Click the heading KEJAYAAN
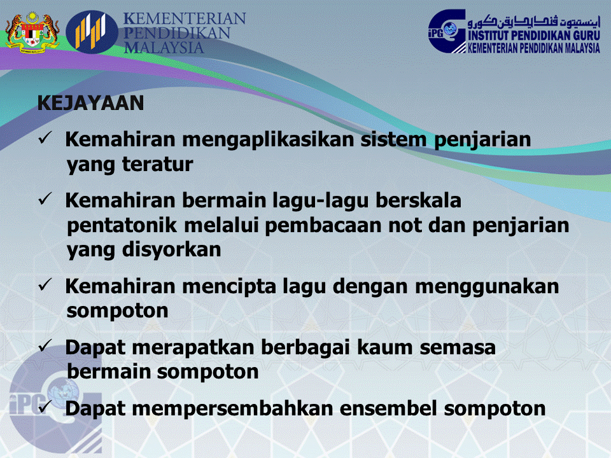coord(91,103)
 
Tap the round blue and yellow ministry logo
coord(93,32)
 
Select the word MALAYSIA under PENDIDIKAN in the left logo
coord(164,48)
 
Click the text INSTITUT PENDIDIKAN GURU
coord(533,37)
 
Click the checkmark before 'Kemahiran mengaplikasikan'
coord(45,139)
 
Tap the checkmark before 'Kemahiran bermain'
coord(45,200)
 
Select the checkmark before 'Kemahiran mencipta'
coord(45,286)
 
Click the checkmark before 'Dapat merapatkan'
coord(45,347)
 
